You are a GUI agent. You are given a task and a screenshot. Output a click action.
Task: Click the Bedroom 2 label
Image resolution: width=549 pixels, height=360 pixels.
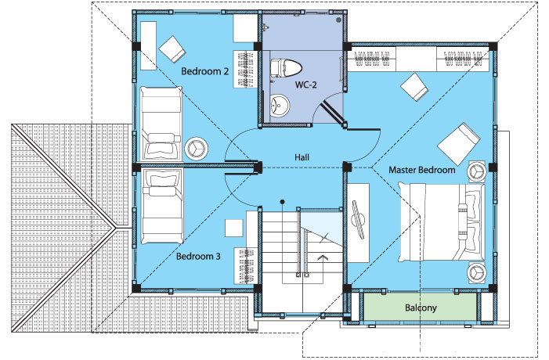click(205, 71)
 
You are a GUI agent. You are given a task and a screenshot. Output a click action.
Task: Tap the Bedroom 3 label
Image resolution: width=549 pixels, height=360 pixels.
click(198, 257)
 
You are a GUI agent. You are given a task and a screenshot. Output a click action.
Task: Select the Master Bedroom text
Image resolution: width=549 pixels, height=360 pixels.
click(422, 170)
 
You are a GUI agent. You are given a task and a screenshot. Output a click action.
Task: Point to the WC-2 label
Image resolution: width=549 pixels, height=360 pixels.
click(305, 85)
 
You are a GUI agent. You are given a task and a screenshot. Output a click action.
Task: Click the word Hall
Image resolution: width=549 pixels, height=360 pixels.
click(302, 157)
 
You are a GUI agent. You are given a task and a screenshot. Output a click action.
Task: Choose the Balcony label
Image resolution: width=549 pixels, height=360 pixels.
click(421, 308)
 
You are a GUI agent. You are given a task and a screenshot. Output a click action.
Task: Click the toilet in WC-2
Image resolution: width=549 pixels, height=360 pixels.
click(286, 68)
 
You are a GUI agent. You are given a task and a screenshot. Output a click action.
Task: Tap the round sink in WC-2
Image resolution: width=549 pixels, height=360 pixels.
click(280, 104)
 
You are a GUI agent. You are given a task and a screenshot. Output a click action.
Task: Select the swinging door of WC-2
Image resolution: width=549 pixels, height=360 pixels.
click(333, 112)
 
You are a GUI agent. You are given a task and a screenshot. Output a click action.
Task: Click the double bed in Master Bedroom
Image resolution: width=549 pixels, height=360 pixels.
click(442, 222)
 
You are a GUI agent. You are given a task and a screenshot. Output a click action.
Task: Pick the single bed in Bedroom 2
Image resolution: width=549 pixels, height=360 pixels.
click(161, 124)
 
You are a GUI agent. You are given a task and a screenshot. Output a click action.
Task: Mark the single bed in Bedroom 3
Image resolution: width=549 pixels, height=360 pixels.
click(162, 207)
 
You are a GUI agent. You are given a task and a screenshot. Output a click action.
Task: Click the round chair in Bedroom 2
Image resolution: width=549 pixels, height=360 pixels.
click(196, 149)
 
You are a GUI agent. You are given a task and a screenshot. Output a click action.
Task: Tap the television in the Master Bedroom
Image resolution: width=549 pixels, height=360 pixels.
click(359, 220)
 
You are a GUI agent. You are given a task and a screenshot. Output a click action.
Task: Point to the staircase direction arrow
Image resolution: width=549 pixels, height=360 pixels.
click(322, 258)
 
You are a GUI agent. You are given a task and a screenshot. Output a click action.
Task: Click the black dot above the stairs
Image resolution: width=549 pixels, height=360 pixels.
click(282, 202)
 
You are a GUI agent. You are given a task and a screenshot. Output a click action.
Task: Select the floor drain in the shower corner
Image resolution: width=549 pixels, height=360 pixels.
click(338, 20)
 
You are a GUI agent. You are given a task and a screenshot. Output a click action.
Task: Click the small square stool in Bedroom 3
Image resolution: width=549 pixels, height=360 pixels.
click(234, 228)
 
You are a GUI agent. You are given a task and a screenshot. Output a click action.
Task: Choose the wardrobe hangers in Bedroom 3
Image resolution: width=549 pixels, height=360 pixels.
click(246, 266)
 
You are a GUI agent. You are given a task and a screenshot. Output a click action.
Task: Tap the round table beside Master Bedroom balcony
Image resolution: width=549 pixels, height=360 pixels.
click(476, 272)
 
